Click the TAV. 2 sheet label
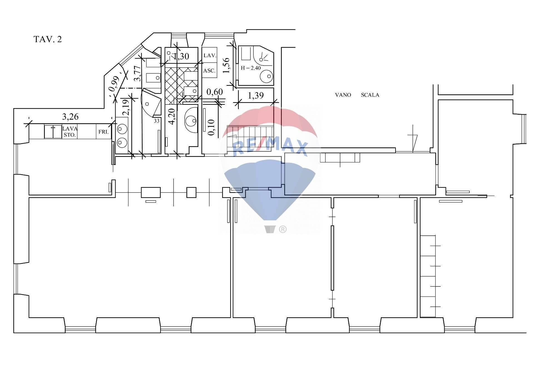pos(48,39)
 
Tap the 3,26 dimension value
pos(70,117)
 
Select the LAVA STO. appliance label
pos(70,132)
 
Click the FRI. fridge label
pos(103,132)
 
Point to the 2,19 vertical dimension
pos(127,107)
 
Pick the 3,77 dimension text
pos(137,73)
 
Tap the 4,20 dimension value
pos(172,116)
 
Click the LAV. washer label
pos(210,56)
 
